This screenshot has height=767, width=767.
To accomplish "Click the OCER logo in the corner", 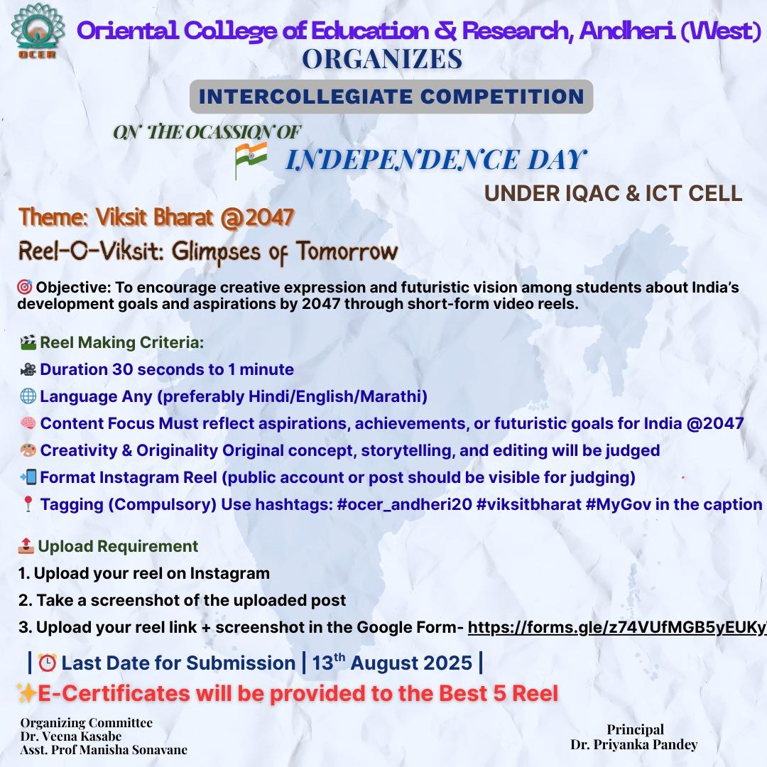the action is click(38, 31).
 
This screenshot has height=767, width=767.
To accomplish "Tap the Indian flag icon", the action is click(251, 160).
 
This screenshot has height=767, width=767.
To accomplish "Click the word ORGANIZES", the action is click(382, 59).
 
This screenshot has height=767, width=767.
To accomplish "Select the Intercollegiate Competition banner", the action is click(391, 97).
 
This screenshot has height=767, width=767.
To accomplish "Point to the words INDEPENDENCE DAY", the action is click(436, 160).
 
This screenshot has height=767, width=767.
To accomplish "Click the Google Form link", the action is click(617, 627).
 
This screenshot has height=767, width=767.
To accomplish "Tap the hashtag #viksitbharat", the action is click(529, 504).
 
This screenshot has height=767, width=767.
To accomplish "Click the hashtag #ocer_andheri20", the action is click(405, 504).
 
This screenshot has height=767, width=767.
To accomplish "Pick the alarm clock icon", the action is click(48, 663).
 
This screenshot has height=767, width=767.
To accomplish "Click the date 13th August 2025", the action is click(392, 663).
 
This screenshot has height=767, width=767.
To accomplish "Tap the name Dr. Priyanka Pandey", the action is click(634, 744).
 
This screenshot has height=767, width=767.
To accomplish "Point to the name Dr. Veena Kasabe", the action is click(71, 736).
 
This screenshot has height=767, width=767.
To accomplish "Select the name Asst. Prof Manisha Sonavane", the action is click(104, 750).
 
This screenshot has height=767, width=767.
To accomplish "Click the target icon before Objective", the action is click(25, 287).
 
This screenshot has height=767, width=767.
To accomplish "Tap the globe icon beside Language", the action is click(28, 396).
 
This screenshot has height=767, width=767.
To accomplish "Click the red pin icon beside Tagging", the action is click(28, 504).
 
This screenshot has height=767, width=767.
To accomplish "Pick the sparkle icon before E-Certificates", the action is click(26, 693).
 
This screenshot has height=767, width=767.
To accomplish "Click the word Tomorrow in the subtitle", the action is click(347, 251).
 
